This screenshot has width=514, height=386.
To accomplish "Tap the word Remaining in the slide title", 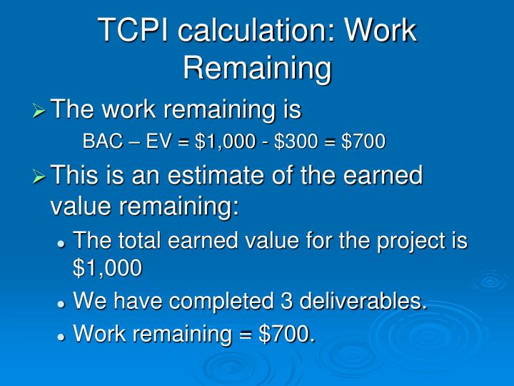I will click(x=257, y=69).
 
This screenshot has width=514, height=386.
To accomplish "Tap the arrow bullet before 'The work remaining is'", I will click(x=39, y=111).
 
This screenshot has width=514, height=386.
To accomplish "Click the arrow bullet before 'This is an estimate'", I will click(x=39, y=176).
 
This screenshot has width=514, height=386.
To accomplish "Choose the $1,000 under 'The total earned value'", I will click(x=107, y=267).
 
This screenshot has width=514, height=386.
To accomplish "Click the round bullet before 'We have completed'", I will click(x=62, y=302).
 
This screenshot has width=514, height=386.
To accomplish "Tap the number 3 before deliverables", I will click(x=283, y=301).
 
